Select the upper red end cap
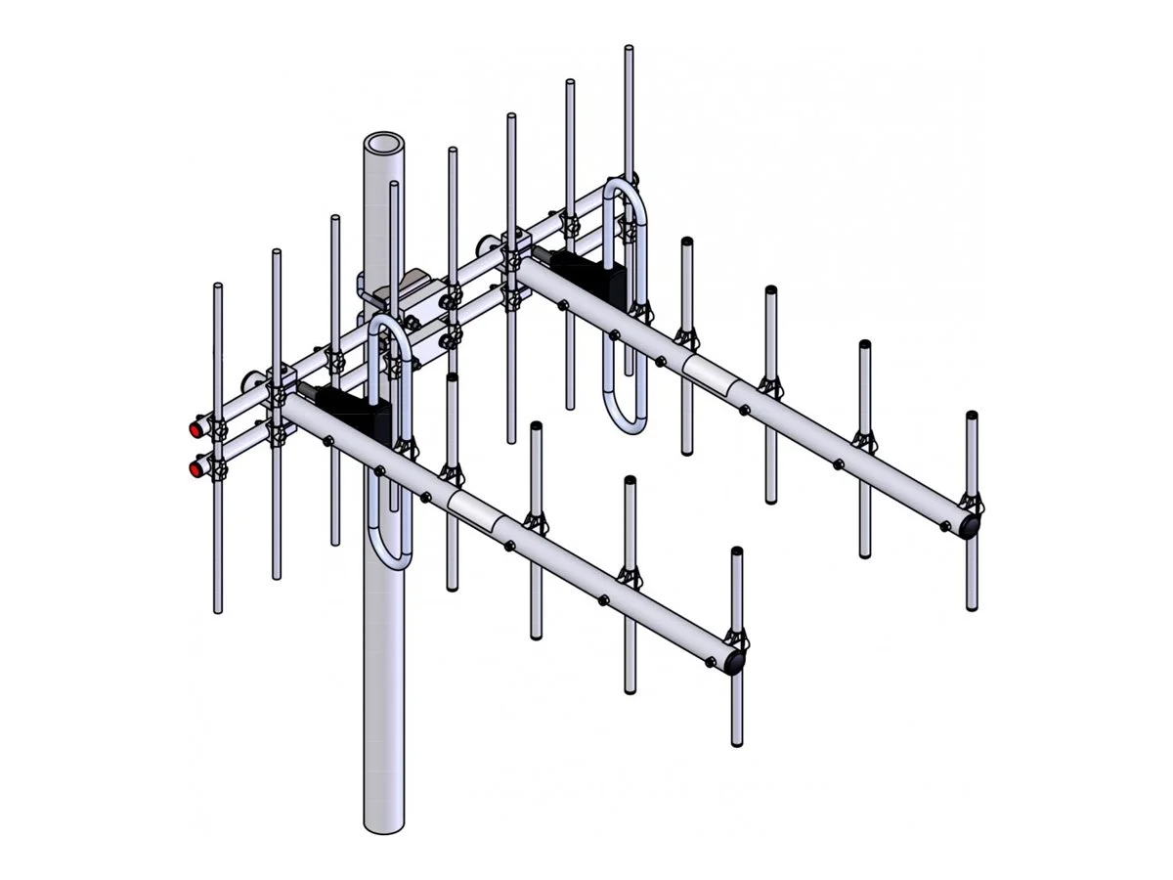pos(198,428)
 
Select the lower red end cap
pos(198,468)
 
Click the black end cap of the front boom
pos(733,663)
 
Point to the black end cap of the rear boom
pos(968,525)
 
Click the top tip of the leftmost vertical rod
pos(218,286)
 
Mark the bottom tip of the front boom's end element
pos(737,743)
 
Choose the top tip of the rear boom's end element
pos(972,416)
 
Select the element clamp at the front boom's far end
pos(738,642)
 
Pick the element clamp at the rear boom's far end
pos(974,505)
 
